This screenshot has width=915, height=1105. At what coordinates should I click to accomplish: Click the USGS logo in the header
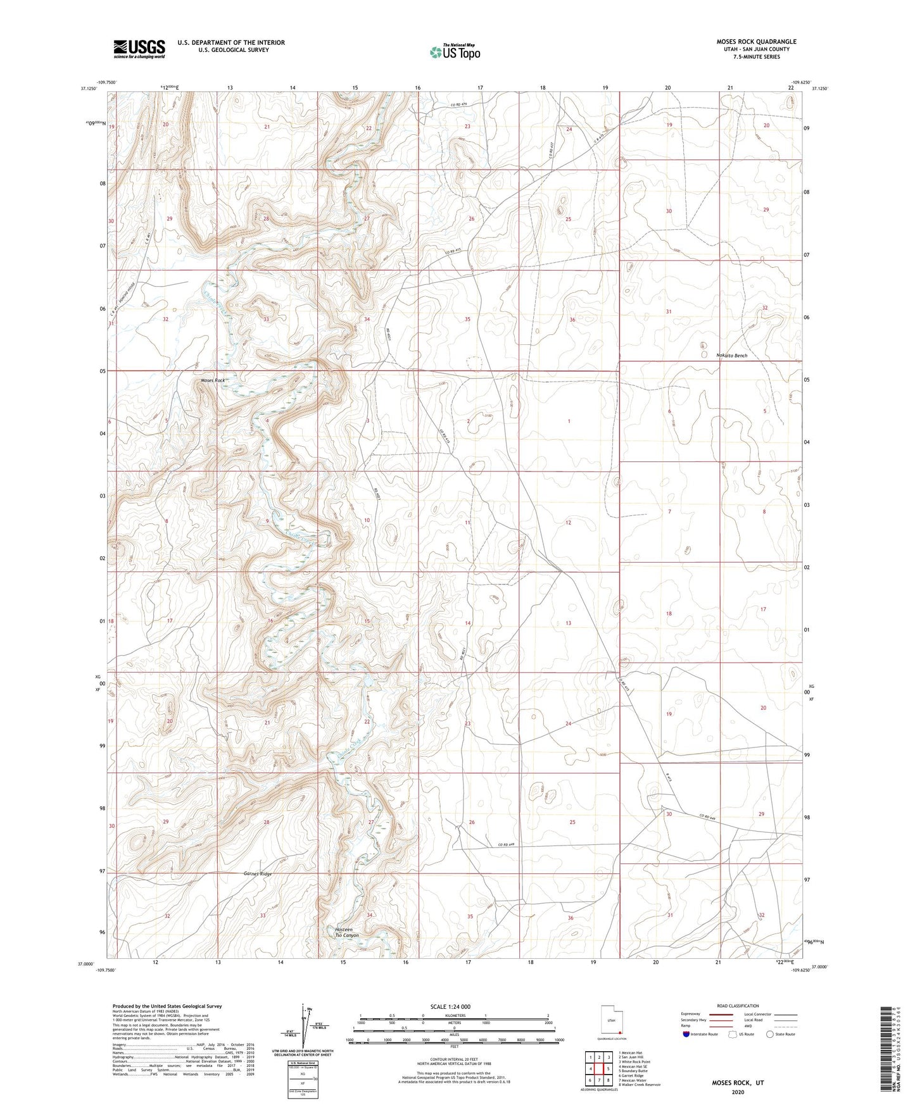[x=139, y=49]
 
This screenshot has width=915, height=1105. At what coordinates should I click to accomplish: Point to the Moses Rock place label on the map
[x=213, y=380]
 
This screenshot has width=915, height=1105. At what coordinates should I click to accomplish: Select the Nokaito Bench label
[x=731, y=356]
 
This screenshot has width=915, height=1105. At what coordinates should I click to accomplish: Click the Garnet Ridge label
[x=258, y=874]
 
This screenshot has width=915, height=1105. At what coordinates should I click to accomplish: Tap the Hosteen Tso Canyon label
[x=346, y=932]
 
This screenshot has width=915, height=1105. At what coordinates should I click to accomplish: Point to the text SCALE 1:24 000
[x=450, y=1007]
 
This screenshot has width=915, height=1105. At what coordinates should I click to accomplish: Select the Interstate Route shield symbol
[x=686, y=1035]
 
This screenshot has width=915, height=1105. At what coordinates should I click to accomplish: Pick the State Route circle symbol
[x=770, y=1035]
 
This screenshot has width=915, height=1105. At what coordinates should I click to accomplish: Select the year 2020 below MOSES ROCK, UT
[x=737, y=1092]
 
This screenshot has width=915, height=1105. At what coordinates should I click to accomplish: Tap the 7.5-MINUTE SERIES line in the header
[x=757, y=57]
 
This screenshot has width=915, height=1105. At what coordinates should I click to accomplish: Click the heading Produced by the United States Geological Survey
[x=167, y=1006]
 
